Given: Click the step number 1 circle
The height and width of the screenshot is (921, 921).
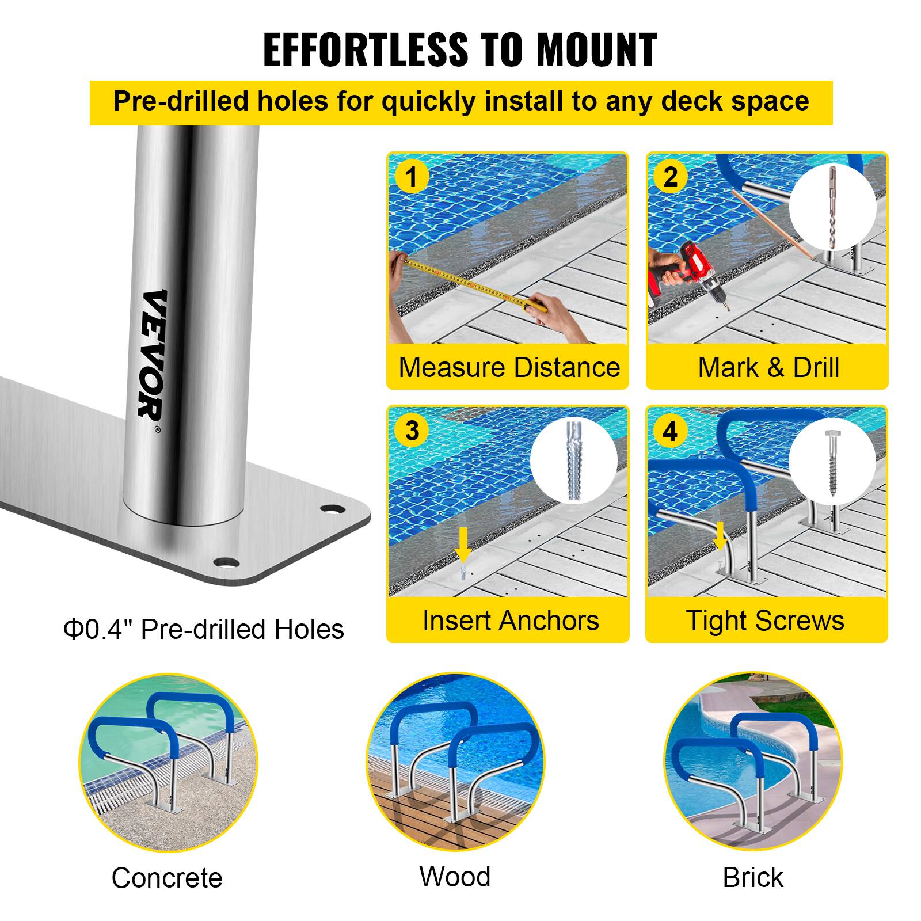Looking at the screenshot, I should point(411,177).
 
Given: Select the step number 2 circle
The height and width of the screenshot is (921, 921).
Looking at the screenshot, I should point(670,177).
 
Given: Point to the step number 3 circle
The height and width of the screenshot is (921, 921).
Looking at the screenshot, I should point(411,430).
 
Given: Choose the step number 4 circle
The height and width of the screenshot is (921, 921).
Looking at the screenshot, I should point(670,431).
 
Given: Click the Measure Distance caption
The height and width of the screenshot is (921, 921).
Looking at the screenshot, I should point(509,367).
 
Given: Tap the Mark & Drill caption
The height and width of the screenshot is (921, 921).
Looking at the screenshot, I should point(768,367).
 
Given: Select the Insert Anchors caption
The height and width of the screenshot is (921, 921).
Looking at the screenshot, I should point(510,621).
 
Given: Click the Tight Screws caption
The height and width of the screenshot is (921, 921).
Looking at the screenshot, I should point(765,621).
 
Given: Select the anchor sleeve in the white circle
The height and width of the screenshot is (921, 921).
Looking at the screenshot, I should point(573,461).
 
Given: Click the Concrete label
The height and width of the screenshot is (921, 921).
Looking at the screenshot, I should point(167,878).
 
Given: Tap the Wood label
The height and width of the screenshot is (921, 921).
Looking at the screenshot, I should point(455,877).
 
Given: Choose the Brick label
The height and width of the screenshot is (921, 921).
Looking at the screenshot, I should point(752,878).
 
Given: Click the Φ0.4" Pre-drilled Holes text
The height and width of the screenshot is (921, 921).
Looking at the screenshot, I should point(204,629).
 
